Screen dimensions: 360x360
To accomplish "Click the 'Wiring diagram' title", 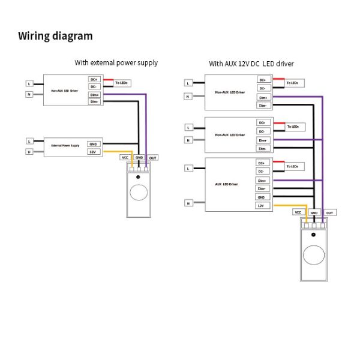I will coord(55,36).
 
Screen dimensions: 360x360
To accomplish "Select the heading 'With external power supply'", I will coord(116,62).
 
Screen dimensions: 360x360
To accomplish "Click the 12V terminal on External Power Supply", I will coord(93,152).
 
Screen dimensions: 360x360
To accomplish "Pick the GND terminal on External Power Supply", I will coord(93,144).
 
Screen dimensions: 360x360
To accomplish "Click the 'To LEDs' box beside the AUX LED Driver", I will coord(293,166).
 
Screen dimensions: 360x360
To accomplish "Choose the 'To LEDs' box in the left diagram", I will coord(121,82).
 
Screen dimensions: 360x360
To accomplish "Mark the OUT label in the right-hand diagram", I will coord(329,212).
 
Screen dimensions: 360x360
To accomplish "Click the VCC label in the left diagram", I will coord(125,157).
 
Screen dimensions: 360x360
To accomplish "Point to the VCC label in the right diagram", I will coord(298,212).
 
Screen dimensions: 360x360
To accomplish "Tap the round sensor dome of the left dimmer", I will coord(139,191).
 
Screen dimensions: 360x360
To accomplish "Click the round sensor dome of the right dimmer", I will coord(313,254).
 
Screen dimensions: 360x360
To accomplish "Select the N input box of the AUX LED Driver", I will coord(189,203).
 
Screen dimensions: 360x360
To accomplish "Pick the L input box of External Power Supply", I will coord(29,141).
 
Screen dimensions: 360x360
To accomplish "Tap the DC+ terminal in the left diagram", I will coord(94,79).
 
